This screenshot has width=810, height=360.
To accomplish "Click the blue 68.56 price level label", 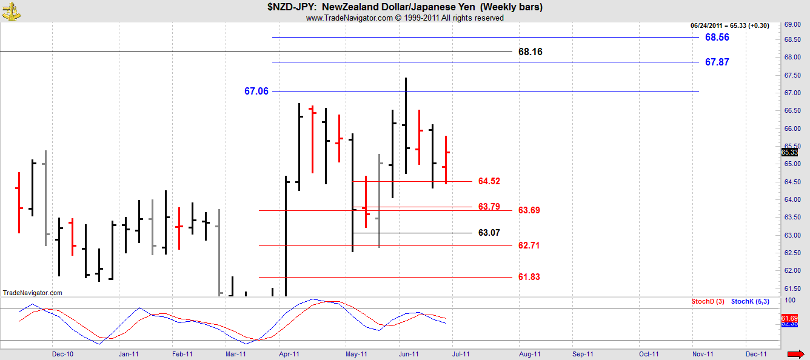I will (717, 38).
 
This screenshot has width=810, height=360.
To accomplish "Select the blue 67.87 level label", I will (717, 62).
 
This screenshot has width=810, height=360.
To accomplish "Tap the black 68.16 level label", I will (531, 52).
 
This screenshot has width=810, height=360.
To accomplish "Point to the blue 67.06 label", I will (256, 92).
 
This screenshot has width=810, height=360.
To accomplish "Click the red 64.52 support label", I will (489, 181).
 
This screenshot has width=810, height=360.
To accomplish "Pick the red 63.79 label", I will (489, 207).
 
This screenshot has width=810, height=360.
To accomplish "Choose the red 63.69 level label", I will (529, 210).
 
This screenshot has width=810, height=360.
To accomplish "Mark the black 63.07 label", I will (489, 233).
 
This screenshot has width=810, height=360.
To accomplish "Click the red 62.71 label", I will (529, 245).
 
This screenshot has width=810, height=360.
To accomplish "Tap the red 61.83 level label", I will (529, 277).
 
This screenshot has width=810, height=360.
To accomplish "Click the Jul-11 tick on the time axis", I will (461, 354).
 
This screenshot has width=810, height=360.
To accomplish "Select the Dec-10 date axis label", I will (62, 354).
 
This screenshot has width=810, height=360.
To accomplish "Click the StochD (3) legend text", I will (708, 301).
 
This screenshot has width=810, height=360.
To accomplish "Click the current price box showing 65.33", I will (789, 152).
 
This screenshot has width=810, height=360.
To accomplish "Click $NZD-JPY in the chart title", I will (292, 7).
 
